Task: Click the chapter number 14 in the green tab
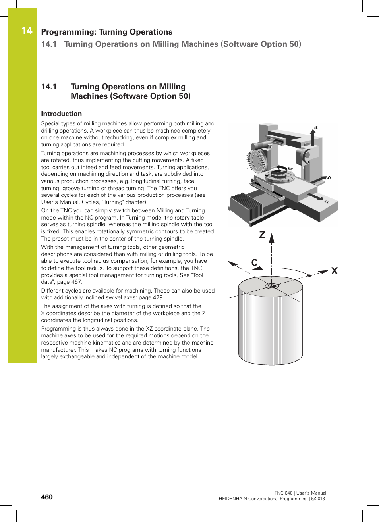(x=27, y=31)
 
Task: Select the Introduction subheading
(x=61, y=114)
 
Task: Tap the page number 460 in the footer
(x=47, y=497)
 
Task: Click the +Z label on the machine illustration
(x=315, y=128)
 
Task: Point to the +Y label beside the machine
(x=329, y=178)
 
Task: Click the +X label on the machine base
(x=326, y=202)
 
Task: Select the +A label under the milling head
(x=307, y=162)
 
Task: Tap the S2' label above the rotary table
(x=290, y=169)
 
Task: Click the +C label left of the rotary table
(x=267, y=175)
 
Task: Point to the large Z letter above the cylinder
(x=262, y=235)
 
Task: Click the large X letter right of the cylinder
(x=335, y=271)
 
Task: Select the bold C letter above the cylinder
(x=255, y=262)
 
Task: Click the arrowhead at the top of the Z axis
(x=272, y=238)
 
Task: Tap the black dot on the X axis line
(x=309, y=275)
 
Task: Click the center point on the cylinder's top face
(x=272, y=286)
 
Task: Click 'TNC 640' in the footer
(x=283, y=493)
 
